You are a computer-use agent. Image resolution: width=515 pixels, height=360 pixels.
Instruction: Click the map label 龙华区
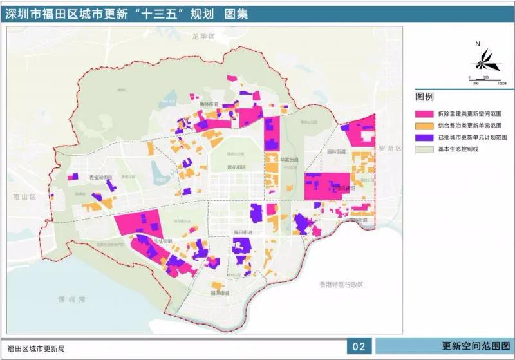point(202,37)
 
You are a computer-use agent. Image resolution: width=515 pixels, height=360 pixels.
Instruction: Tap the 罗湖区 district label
point(390,149)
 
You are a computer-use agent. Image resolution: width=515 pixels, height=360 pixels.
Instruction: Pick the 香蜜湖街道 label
point(100,177)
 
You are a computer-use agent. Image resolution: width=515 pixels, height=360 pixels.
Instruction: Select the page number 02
point(359,348)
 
